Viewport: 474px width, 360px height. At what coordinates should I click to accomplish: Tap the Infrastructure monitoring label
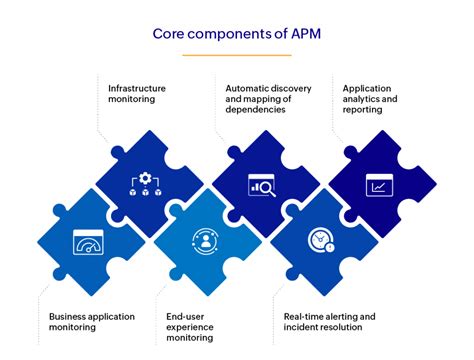click(x=137, y=94)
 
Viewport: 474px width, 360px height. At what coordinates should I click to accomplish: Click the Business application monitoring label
click(x=90, y=322)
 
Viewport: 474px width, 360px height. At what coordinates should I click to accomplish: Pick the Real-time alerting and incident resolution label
click(x=325, y=322)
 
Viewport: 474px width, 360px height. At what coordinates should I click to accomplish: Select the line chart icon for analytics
click(x=380, y=185)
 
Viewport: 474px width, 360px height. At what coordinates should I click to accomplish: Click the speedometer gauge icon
click(x=88, y=242)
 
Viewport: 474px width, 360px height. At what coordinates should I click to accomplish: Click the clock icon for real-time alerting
click(x=322, y=241)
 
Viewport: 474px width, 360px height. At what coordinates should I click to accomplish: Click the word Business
click(x=67, y=316)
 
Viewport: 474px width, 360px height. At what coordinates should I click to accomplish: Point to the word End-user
click(x=187, y=316)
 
